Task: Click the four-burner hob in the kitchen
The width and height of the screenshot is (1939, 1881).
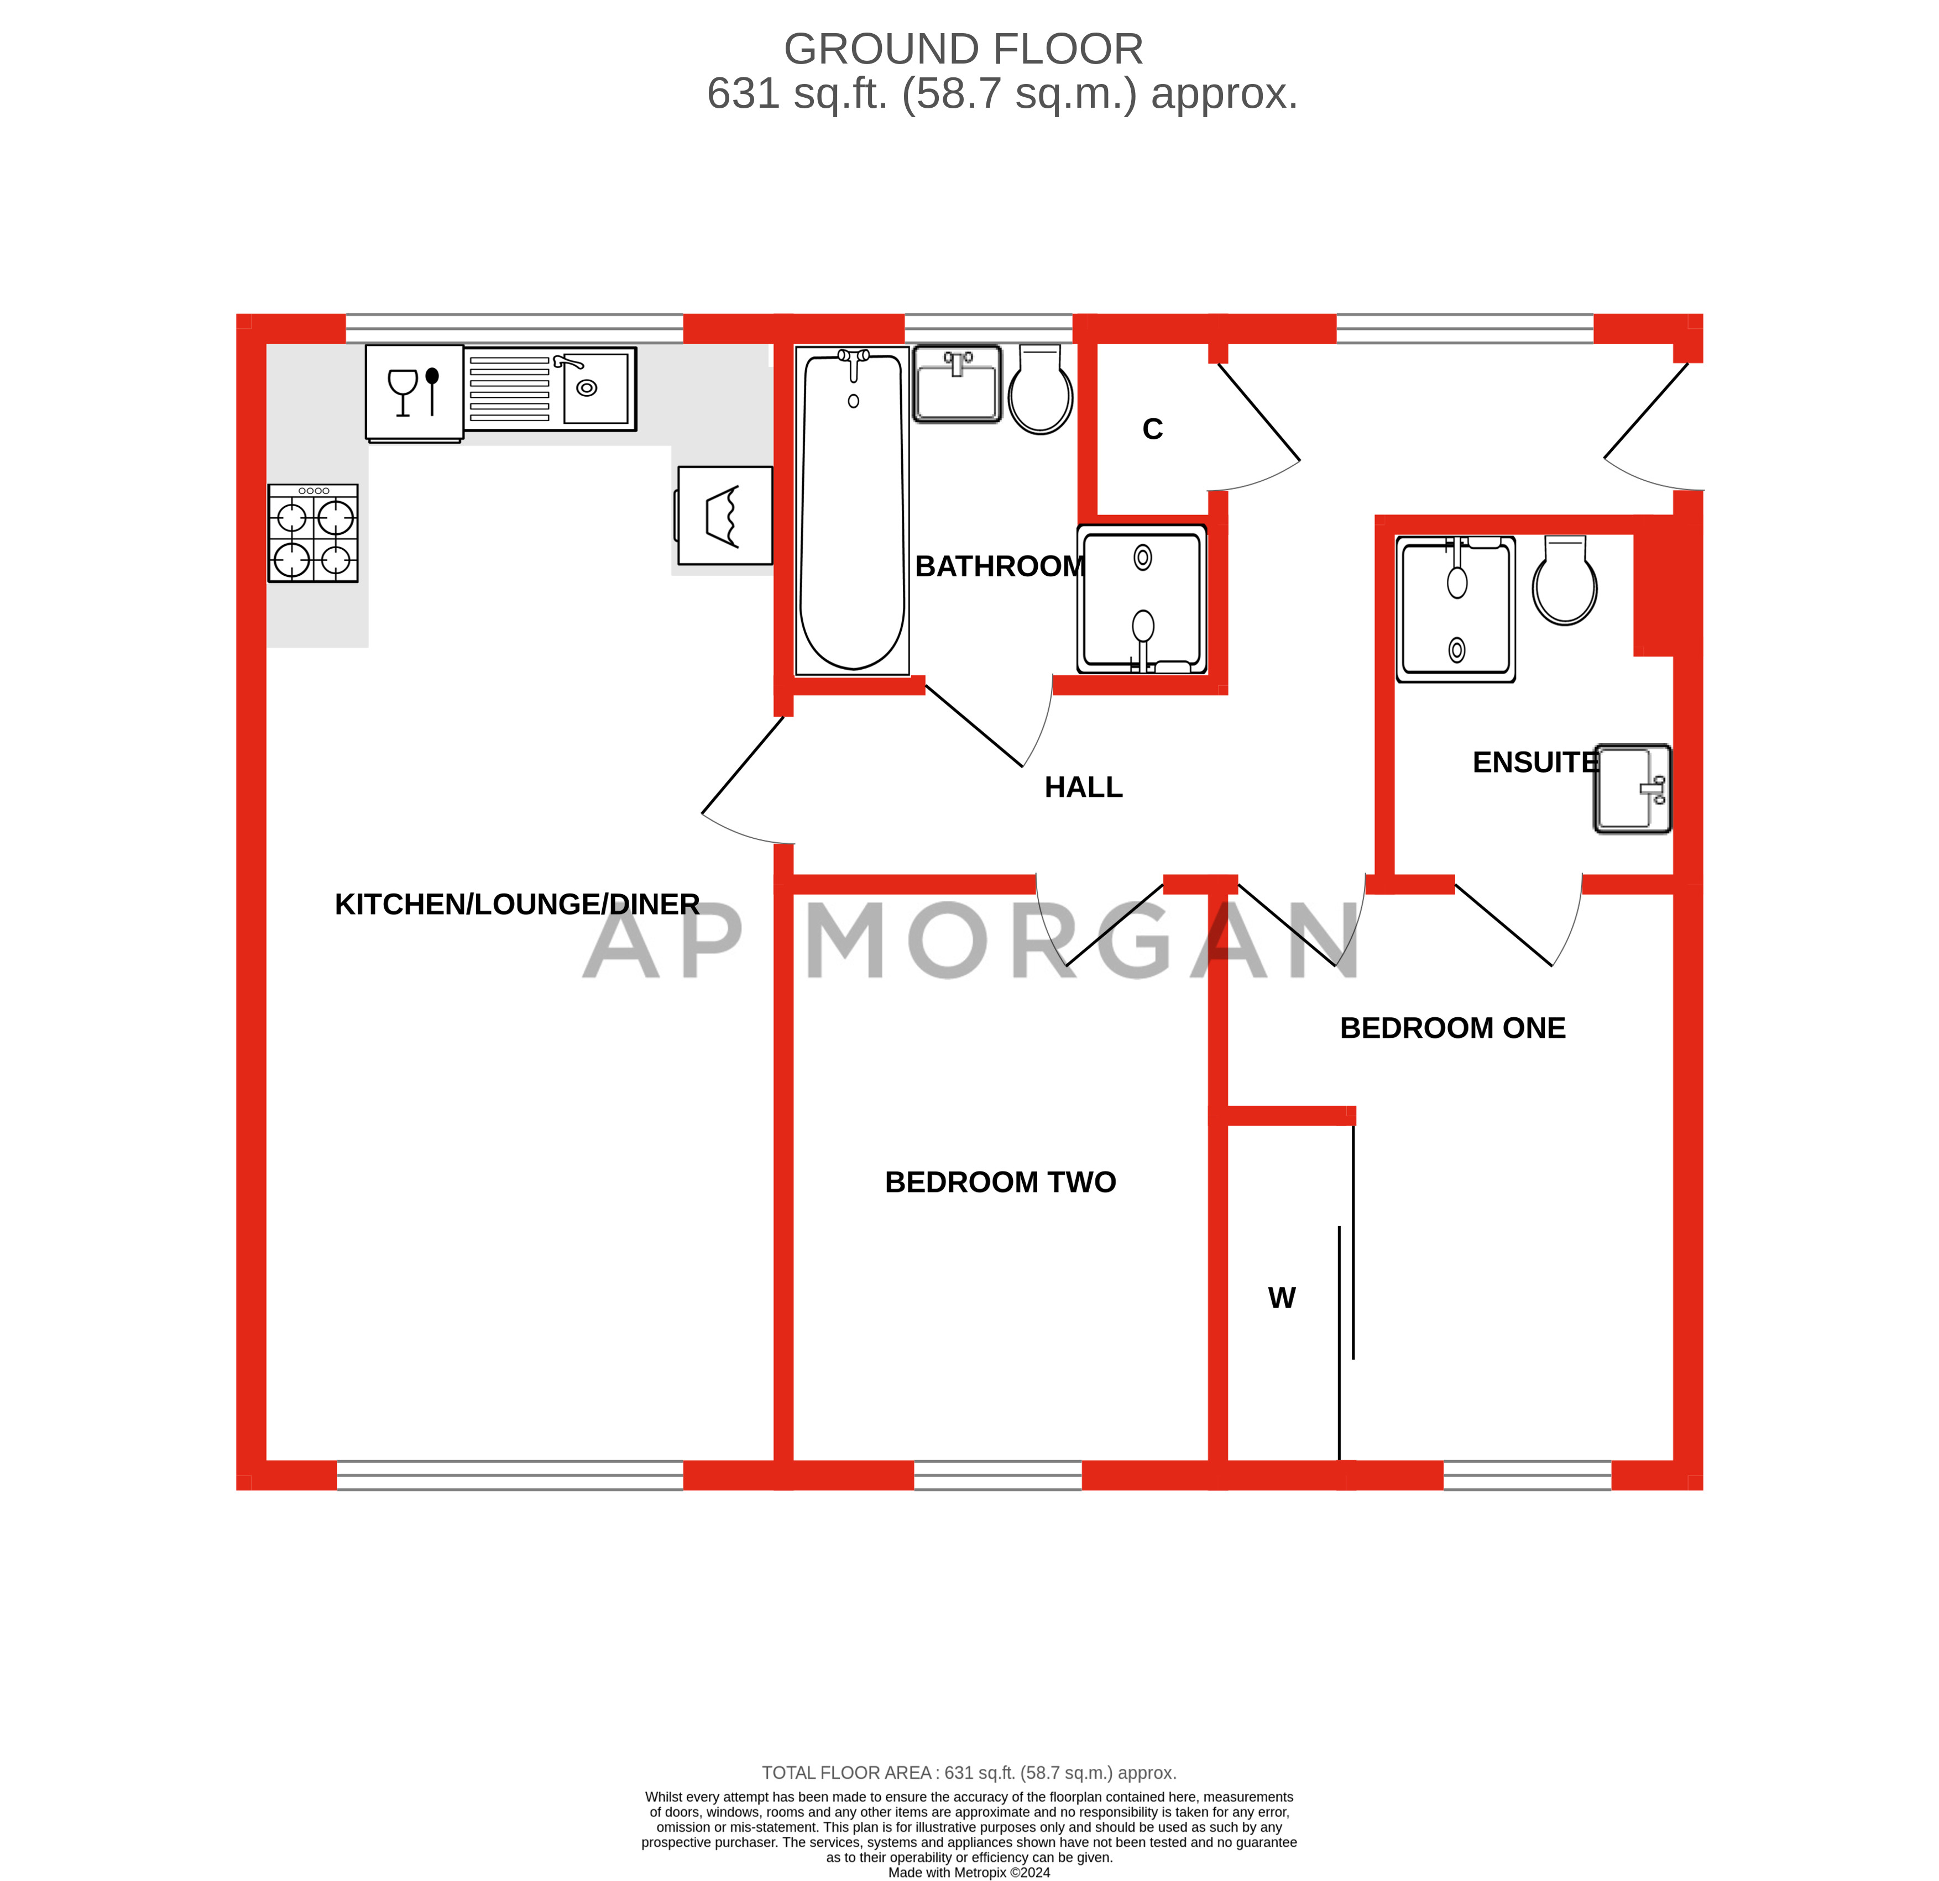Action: (x=313, y=533)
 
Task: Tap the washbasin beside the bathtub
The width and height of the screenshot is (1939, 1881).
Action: (x=958, y=383)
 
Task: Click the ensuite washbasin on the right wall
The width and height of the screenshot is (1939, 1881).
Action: (x=1632, y=789)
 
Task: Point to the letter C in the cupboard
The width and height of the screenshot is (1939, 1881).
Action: (x=1153, y=429)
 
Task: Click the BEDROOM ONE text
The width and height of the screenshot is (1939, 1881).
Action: (x=1452, y=1028)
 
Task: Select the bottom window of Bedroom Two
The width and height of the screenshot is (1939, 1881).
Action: (x=997, y=1475)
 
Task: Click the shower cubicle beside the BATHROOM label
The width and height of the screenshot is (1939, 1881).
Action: (x=1143, y=600)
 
